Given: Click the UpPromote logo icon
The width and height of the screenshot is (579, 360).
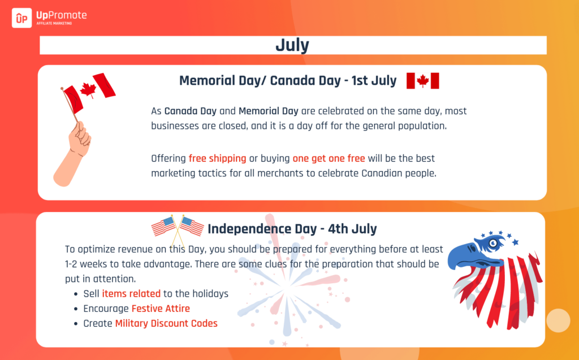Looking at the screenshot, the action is (x=22, y=18).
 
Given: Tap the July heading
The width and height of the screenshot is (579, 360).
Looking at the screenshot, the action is (x=292, y=45).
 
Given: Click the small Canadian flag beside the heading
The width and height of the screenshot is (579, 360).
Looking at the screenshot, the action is (x=423, y=81).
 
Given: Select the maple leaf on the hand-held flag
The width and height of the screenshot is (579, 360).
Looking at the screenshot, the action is (x=88, y=90).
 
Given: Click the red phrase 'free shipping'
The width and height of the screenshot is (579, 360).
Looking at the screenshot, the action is (x=217, y=158).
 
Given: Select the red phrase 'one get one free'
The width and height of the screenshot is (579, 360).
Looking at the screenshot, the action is (x=329, y=158).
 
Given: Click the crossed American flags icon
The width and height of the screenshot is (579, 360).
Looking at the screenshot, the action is (x=178, y=229).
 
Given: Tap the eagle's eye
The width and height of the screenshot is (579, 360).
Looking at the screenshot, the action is (x=493, y=244).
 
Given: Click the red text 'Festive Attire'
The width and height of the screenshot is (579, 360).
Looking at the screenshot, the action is (x=161, y=309).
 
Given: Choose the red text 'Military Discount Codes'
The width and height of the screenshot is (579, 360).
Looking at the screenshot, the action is (x=166, y=323).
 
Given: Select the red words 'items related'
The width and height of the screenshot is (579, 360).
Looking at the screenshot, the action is (x=131, y=293).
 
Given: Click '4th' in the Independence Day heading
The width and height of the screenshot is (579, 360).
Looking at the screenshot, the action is (x=338, y=229).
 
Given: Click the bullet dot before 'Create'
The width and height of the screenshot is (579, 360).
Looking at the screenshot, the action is (x=76, y=324).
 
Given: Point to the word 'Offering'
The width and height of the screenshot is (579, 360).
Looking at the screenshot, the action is (x=168, y=159).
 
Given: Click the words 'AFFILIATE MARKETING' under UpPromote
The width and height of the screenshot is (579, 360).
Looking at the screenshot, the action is (x=54, y=23).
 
